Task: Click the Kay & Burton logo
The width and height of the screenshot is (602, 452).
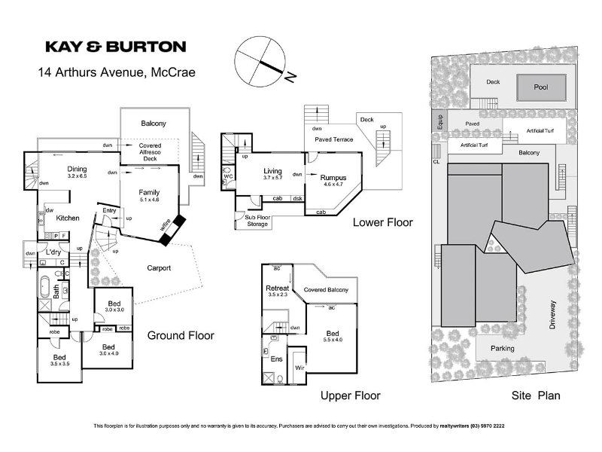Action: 115,47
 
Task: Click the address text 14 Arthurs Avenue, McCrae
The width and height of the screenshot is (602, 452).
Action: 117,73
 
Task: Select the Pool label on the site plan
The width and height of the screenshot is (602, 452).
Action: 540,87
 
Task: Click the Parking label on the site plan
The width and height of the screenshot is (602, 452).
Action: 502,349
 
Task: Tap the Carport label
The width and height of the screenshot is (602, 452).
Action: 159,267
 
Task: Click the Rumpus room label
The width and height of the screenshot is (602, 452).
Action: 333,177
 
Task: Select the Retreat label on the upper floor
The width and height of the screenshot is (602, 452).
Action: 278,288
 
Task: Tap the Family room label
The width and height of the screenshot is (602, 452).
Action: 149,193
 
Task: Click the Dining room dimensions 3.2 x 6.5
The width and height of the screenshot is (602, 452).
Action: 78,176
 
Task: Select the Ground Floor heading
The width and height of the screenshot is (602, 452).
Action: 180,336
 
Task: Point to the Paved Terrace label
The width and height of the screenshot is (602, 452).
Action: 333,139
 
